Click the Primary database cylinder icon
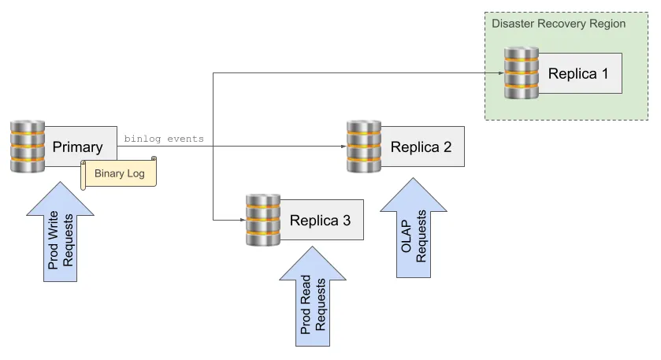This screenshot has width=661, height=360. coord(28,147)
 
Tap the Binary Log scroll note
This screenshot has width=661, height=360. coord(119,173)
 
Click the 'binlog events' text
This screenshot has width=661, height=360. coord(164,139)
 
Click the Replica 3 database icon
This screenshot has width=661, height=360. coord(262,219)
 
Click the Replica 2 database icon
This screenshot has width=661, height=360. coord(364,147)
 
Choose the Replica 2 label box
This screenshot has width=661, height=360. coord(421,147)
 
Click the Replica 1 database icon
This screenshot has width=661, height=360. coord(522,73)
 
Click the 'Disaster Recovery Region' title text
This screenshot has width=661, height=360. coord(559,24)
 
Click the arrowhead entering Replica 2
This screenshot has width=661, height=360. coord(343,147)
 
